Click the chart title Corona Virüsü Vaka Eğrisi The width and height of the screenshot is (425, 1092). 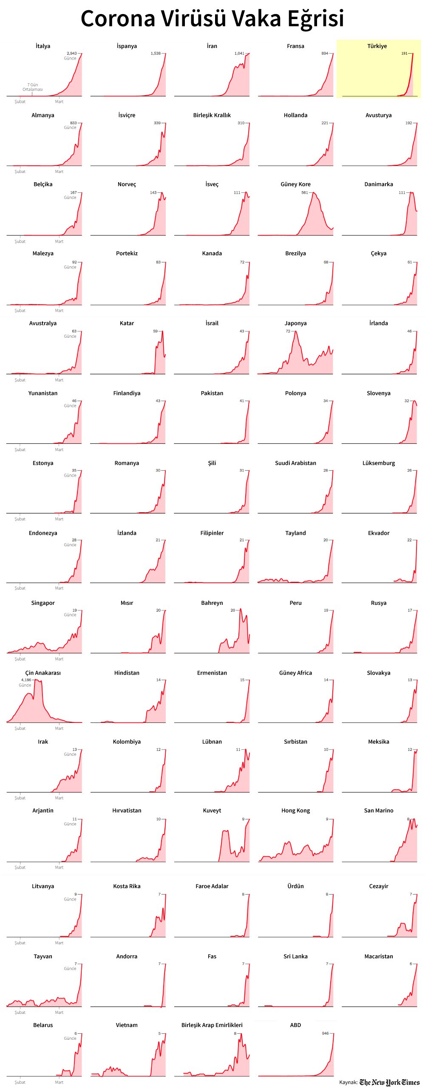pos(212,19)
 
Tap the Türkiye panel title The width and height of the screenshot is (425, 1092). pos(377,46)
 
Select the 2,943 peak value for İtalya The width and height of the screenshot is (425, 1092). pos(71,54)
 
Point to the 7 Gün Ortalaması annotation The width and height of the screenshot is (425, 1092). pos(33,87)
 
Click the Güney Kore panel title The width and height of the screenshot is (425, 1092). pos(295,184)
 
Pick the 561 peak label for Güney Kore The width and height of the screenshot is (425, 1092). pos(304,192)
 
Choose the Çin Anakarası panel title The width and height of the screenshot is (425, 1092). pos(43,673)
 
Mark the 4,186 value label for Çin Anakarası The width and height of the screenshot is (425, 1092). pos(26,680)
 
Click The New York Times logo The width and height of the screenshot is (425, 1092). pos(389,1083)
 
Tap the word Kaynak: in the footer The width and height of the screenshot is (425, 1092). pos(348,1083)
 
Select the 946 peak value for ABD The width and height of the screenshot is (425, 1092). pos(325,1033)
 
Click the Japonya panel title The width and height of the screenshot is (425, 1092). pos(295,323)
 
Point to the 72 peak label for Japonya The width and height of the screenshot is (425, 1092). pos(288,331)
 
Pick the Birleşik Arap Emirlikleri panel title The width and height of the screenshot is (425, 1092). pos(212,1025)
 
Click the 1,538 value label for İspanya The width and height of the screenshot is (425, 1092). pos(156,54)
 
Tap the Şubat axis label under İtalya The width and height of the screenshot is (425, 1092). pos(20,102)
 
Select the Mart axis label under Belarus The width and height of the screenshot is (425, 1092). pos(59,1082)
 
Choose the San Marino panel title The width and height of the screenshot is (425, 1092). pos(379,810)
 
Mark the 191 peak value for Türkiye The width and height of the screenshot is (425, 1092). pos(404,54)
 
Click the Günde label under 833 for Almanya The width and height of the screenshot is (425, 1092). pos(70,127)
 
